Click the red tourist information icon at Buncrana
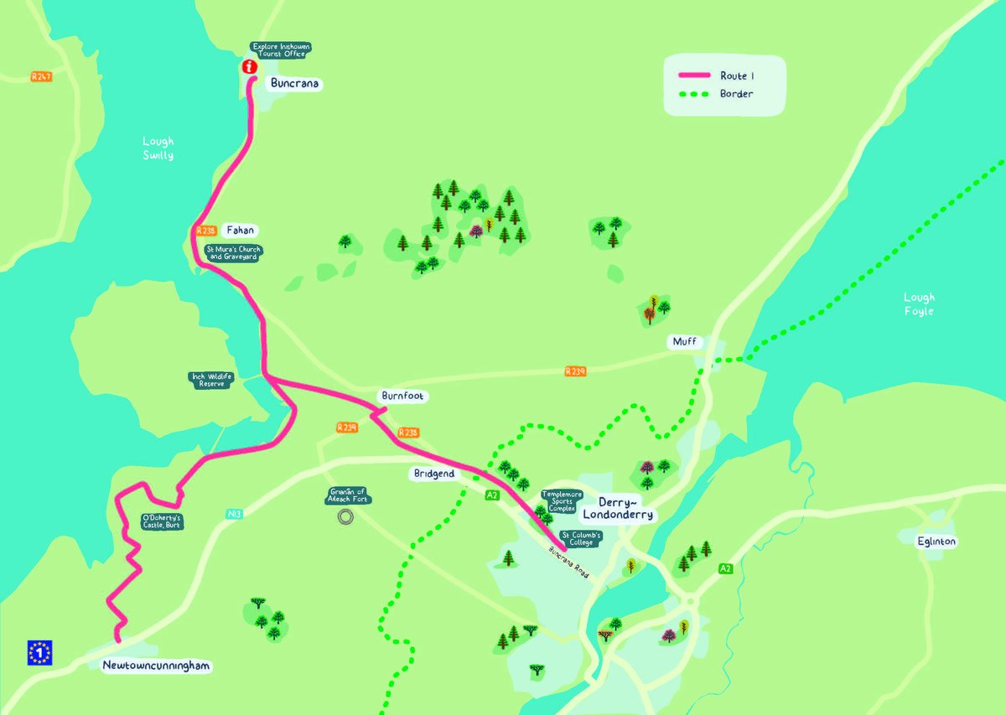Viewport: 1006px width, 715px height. pos(248,66)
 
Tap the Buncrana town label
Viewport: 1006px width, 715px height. pos(295,84)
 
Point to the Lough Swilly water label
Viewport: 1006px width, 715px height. pos(158,148)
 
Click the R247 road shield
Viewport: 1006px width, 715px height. pos(40,76)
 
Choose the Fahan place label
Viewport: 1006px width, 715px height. pos(239,230)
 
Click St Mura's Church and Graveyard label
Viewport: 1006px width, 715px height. pos(234,252)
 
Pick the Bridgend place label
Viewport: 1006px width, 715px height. pos(434,474)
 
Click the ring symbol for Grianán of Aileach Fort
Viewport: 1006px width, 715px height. pos(344,518)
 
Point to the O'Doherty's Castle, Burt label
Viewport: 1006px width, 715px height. pos(161,522)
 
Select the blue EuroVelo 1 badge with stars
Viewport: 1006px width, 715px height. pos(39,652)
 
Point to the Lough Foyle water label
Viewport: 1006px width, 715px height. pos(919,303)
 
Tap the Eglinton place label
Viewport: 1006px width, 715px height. pos(936,541)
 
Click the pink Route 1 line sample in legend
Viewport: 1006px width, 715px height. pos(693,75)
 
